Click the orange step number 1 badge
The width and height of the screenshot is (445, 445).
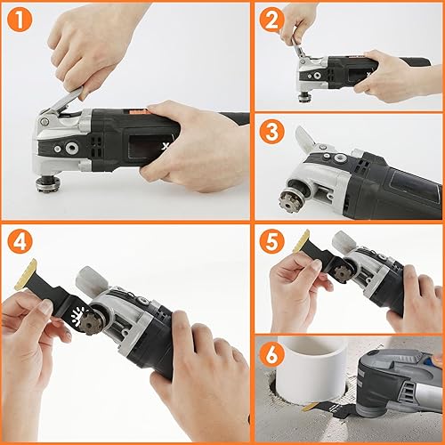20,19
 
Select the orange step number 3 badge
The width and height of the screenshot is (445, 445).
272,132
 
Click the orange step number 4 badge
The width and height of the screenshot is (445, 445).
20,241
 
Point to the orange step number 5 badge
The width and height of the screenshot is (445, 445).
272,241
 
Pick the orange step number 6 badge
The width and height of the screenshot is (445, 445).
272,354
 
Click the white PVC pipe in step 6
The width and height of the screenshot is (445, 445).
312,370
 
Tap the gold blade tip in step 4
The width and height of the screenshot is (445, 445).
26,274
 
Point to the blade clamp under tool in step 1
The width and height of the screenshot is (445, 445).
48,184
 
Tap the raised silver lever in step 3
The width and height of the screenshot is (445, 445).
304,137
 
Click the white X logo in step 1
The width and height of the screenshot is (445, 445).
165,146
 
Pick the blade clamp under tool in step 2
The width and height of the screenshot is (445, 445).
303,98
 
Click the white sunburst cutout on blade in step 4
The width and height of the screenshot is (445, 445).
77,315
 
